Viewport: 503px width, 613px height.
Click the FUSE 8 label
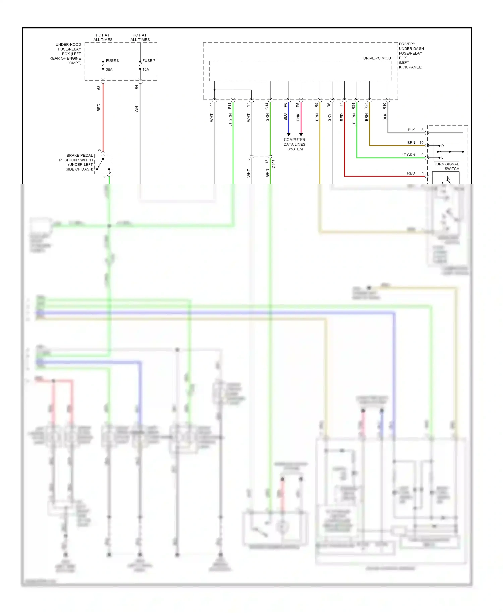[112, 61]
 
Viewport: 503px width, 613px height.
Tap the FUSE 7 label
[149, 61]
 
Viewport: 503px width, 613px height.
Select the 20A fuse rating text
[109, 70]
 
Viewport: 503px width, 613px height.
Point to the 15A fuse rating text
[146, 70]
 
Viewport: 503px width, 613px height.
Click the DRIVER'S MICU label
[377, 58]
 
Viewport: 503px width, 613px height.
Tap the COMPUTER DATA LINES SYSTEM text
[295, 144]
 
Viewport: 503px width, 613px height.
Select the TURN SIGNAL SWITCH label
[446, 166]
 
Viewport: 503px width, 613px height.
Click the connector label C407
[274, 164]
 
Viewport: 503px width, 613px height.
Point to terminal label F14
[230, 106]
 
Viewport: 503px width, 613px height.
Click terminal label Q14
[267, 106]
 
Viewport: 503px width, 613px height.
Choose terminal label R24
[353, 106]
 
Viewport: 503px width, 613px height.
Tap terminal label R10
[385, 106]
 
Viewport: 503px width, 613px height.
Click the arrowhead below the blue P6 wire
[289, 134]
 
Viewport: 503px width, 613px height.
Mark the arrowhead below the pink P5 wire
[301, 134]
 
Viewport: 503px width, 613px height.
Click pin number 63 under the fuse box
[99, 88]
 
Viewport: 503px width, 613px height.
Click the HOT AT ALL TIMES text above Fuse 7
[140, 37]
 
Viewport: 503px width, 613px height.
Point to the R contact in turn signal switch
[442, 146]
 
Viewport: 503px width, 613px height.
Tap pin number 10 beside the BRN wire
[421, 143]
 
